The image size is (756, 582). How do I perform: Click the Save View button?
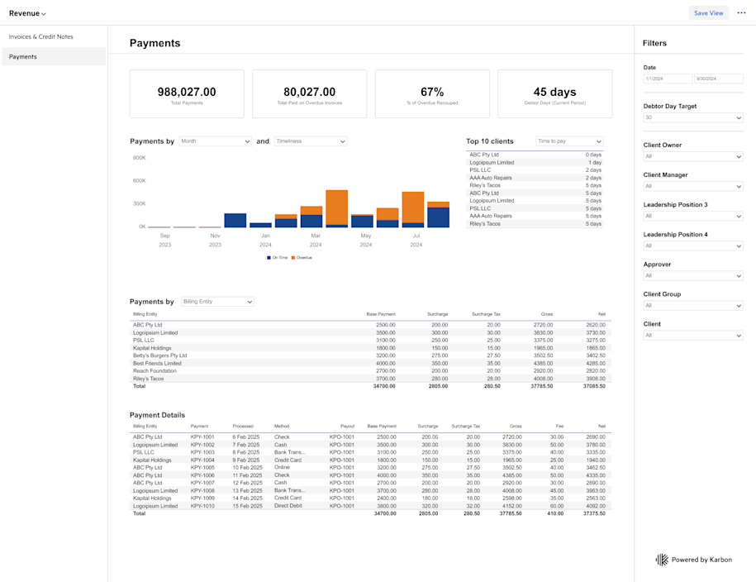click(708, 13)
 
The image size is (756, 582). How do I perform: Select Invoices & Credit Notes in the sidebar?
click(40, 37)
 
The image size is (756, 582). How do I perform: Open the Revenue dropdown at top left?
click(27, 13)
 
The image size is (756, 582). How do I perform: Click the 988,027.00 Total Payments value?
click(187, 93)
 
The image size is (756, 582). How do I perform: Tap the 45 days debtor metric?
click(554, 93)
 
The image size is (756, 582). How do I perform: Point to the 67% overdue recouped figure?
click(432, 93)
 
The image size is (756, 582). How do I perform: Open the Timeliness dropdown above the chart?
click(311, 141)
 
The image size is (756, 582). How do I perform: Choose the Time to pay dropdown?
click(569, 141)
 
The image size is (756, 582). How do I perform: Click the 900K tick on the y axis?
click(139, 157)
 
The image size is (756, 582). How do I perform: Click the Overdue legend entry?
click(302, 258)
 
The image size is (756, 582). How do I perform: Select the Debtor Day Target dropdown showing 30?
click(692, 118)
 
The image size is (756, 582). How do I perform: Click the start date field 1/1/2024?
click(668, 79)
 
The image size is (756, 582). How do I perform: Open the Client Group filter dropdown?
click(692, 306)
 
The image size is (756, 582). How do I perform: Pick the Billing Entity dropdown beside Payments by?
click(217, 302)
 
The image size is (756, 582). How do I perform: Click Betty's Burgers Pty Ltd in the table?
click(159, 355)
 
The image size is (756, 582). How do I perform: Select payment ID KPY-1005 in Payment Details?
click(202, 468)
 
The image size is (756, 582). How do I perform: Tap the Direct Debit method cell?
click(288, 506)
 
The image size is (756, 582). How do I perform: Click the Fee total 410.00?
click(554, 513)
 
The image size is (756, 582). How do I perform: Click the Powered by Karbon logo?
click(662, 560)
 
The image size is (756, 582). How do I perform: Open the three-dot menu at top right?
click(741, 13)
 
